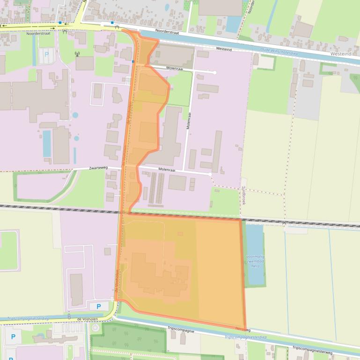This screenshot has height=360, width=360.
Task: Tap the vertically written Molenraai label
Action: pyautogui.click(x=189, y=121)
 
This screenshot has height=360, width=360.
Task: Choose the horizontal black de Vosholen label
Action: pyautogui.click(x=87, y=319)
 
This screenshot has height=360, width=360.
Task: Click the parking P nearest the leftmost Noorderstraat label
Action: pyautogui.click(x=46, y=54)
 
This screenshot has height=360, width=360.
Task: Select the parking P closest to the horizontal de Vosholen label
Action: pyautogui.click(x=98, y=307)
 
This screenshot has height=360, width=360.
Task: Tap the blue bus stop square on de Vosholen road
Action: pyautogui.click(x=133, y=61)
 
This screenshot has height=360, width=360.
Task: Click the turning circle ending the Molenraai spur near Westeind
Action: pyautogui.click(x=214, y=72)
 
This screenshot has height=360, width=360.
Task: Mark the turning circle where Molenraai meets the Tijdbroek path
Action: pyautogui.click(x=210, y=174)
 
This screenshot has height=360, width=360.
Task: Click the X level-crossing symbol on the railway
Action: pyautogui.click(x=285, y=223)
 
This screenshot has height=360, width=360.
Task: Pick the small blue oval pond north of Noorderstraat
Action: pyautogui.click(x=167, y=7)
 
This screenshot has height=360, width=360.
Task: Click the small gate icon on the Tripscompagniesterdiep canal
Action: pyautogui.click(x=69, y=317)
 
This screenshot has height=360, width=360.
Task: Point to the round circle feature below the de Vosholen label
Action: pyautogui.click(x=96, y=327)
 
